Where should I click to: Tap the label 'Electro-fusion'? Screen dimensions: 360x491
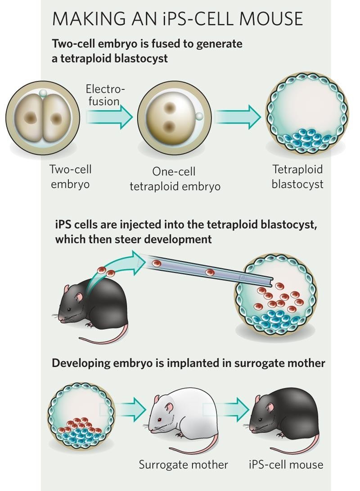click(x=104, y=95)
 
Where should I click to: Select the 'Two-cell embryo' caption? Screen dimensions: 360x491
click(x=71, y=177)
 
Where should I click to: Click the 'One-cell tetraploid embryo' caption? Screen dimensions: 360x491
click(x=175, y=179)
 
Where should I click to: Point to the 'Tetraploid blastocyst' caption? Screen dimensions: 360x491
click(x=297, y=177)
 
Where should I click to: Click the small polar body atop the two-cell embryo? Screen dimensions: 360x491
click(x=43, y=93)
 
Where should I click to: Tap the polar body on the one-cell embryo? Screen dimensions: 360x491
click(x=199, y=116)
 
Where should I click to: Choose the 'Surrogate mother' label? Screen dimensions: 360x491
click(x=183, y=464)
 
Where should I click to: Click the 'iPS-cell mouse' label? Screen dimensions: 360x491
click(x=286, y=464)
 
